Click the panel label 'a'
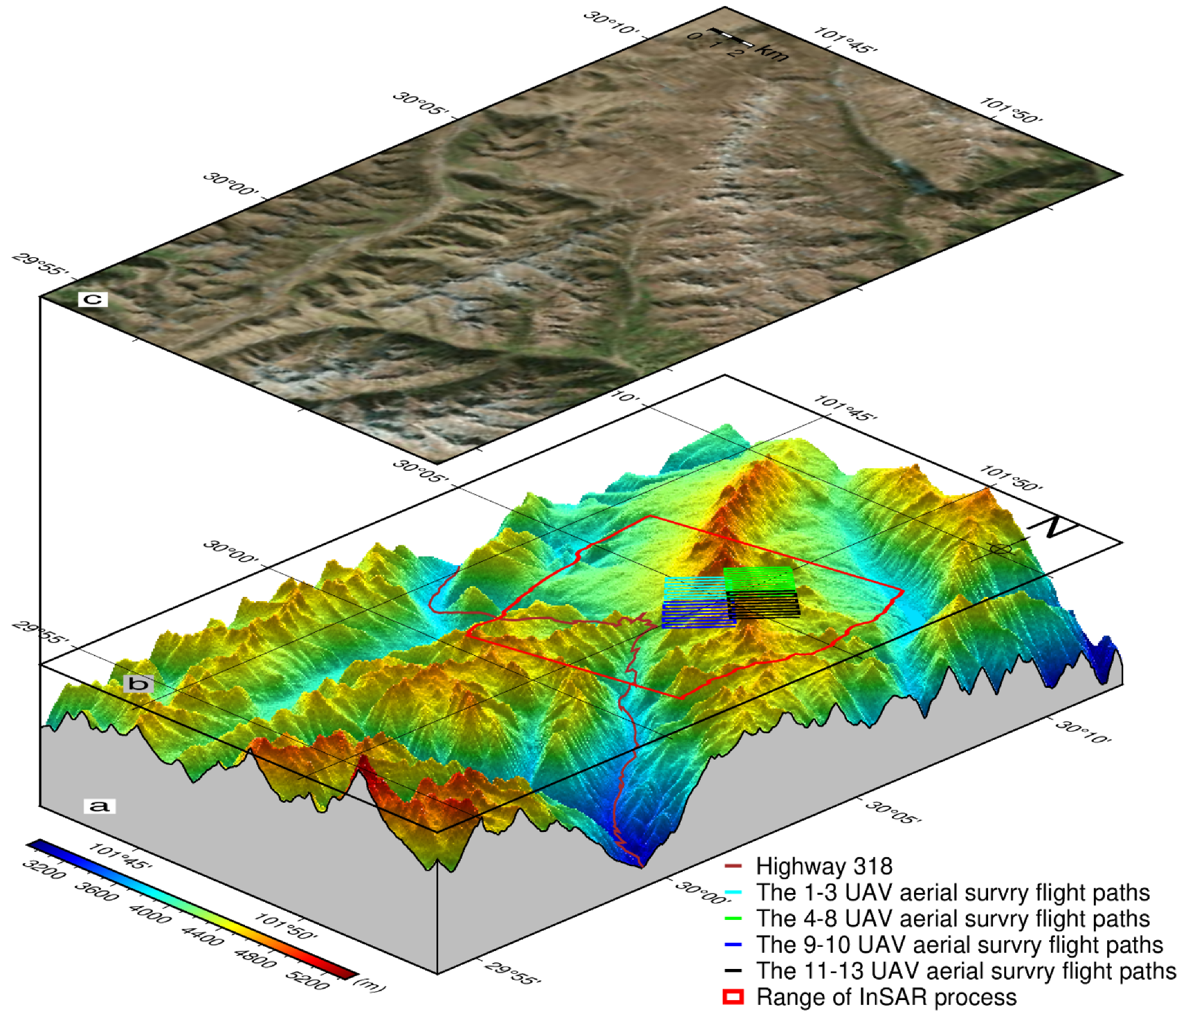(99, 806)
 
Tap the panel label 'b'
(138, 683)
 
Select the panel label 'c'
(93, 298)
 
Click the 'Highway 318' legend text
(824, 865)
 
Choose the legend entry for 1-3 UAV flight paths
(953, 892)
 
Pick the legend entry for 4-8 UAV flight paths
(953, 918)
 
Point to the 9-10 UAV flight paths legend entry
(959, 944)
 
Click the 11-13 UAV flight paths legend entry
(965, 971)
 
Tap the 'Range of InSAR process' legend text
(887, 997)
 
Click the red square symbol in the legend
(733, 997)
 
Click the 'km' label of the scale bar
(771, 53)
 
